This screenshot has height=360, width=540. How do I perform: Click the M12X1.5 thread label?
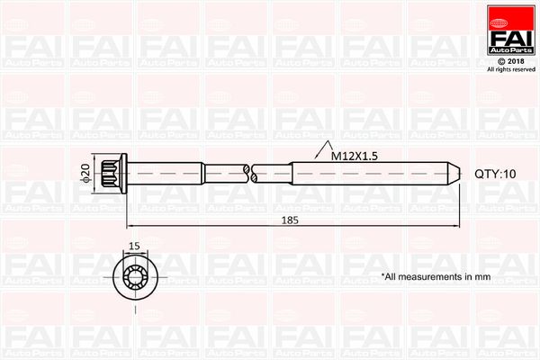coord(353,156)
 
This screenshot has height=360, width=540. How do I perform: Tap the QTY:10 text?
coord(496,174)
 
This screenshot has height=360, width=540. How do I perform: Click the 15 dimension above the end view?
coord(133,245)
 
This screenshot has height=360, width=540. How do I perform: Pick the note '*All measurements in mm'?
coord(435,277)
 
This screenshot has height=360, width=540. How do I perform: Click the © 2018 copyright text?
coord(509,59)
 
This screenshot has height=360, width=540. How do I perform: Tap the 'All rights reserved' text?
coord(509,69)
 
